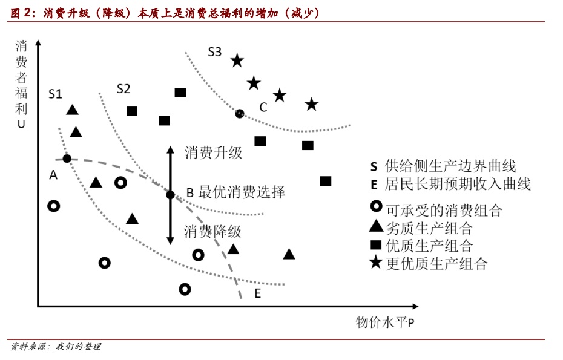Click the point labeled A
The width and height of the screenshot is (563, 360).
[x=67, y=159]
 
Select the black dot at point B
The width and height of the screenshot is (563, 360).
[x=171, y=194]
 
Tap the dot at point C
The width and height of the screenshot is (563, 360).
[x=240, y=113]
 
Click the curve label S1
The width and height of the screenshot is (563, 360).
[x=55, y=94]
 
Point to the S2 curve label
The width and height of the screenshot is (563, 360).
[x=123, y=89]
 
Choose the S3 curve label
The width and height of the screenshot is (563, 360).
[x=215, y=52]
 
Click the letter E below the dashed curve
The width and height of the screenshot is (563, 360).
[x=257, y=294]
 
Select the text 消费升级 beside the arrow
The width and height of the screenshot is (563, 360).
[x=213, y=152]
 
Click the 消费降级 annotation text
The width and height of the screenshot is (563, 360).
[x=213, y=231]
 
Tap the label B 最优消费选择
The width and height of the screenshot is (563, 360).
[x=235, y=193]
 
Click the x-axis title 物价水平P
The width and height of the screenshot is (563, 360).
[x=385, y=322]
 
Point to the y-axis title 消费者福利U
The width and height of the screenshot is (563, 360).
[x=21, y=85]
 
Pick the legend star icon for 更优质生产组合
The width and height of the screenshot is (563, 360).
[x=376, y=263]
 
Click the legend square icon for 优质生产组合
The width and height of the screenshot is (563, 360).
[x=376, y=245]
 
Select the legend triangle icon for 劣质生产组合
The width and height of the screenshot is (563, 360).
[x=376, y=227]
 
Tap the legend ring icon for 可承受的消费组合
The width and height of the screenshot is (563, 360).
[x=376, y=208]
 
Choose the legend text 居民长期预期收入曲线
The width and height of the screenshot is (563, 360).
[x=458, y=184]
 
